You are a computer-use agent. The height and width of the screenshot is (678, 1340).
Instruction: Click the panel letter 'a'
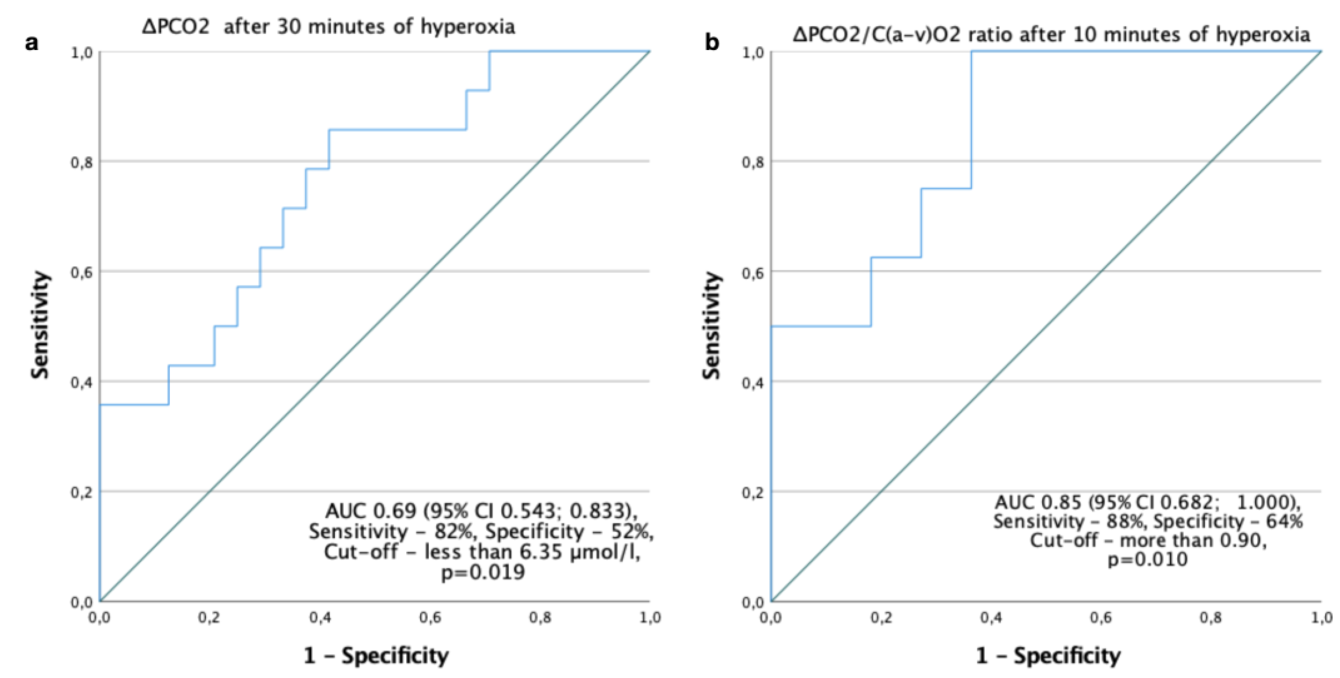click(x=32, y=43)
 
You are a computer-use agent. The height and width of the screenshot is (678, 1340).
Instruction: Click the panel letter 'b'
click(x=711, y=43)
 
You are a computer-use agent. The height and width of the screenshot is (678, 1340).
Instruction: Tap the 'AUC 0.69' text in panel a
click(x=371, y=511)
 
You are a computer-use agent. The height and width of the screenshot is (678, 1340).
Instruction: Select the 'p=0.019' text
click(x=483, y=573)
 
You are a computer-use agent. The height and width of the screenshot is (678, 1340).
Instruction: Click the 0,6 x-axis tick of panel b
click(x=1101, y=617)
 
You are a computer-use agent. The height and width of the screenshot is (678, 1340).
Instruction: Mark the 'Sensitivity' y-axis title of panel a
click(x=40, y=326)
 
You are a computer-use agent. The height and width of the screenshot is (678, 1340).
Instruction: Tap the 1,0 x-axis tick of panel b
click(x=1321, y=617)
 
